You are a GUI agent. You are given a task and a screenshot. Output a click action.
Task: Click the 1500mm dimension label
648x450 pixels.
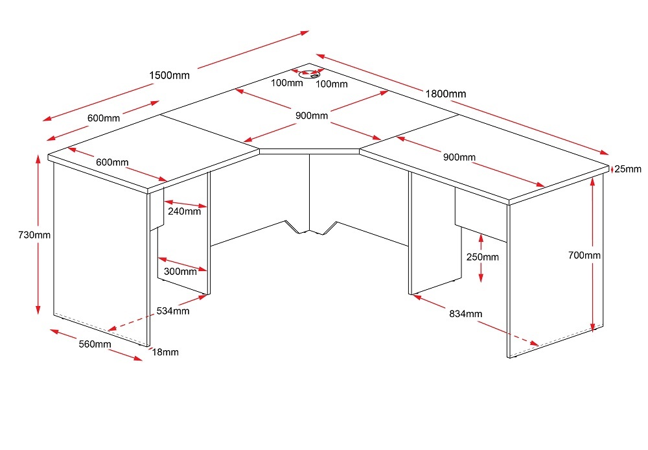pos(169,75)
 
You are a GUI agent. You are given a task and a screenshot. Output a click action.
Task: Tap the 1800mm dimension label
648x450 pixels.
pos(446,93)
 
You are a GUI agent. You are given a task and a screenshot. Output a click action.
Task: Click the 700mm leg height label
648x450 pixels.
pos(584,255)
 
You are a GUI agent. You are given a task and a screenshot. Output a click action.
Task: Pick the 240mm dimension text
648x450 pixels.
pos(184,211)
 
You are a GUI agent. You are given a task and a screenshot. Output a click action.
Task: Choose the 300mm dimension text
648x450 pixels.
pos(179,271)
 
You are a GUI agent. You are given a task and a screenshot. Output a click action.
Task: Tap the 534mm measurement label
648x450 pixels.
pos(173,311)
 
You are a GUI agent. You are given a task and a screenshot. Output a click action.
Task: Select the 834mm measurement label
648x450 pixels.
pos(466,314)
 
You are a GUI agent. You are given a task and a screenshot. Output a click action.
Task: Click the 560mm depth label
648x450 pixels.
pos(95,344)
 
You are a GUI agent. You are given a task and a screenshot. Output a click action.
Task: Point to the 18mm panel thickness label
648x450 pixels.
pos(165,352)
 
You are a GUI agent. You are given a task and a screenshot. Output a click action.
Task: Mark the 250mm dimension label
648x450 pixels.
pos(482,257)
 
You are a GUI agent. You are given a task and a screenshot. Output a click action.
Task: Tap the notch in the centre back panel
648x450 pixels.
pos(310,229)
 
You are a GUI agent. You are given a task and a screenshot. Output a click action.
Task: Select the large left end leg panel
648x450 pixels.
pos(100,253)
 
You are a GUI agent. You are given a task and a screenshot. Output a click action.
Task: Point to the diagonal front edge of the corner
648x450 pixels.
pos(309,152)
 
